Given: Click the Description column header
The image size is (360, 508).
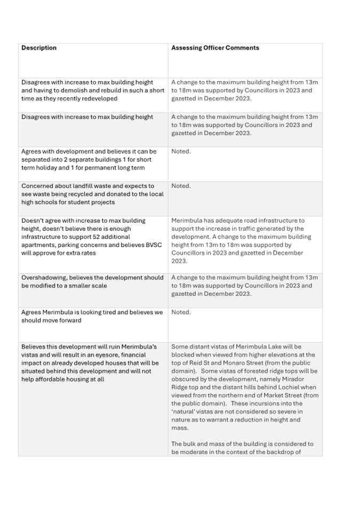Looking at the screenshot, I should coord(39,48).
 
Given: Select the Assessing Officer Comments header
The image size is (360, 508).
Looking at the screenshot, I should coord(215,48).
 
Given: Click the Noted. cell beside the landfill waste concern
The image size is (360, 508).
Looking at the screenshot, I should coord(181,186).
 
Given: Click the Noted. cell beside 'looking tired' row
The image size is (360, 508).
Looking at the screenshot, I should coord(181,312).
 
